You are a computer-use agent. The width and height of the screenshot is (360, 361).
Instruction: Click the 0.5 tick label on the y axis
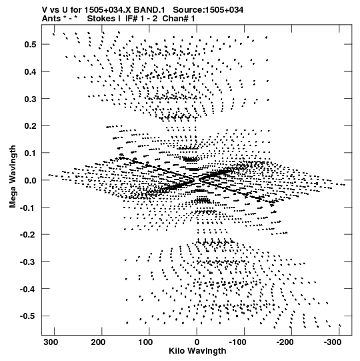point(30,44)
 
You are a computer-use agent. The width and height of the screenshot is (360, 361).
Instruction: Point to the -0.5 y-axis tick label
point(28,316)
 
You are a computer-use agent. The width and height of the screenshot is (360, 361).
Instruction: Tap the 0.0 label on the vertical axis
point(30,180)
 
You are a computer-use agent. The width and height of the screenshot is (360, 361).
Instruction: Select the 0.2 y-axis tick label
point(30,126)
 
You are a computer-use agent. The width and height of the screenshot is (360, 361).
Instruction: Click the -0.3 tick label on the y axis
point(28,262)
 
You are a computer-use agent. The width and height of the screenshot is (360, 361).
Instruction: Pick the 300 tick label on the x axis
point(51,342)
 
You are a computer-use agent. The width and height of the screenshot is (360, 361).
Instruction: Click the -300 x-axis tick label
point(333,342)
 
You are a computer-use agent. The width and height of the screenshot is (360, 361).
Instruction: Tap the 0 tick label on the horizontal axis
point(197,342)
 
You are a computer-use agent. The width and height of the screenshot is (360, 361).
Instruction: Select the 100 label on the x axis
point(145,342)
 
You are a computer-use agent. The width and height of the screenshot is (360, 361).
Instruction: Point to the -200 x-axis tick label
point(285,342)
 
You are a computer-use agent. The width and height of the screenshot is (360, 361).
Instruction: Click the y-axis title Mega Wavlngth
point(13,177)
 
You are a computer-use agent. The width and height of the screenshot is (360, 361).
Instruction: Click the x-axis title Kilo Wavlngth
point(197,351)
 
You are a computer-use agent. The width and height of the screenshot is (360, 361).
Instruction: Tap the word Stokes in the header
point(101,19)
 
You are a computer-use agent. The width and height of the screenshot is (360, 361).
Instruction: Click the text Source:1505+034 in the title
point(208,10)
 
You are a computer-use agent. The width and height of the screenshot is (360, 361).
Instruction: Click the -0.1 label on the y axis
point(28,208)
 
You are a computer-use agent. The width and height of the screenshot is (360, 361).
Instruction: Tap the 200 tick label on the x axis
point(98,342)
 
